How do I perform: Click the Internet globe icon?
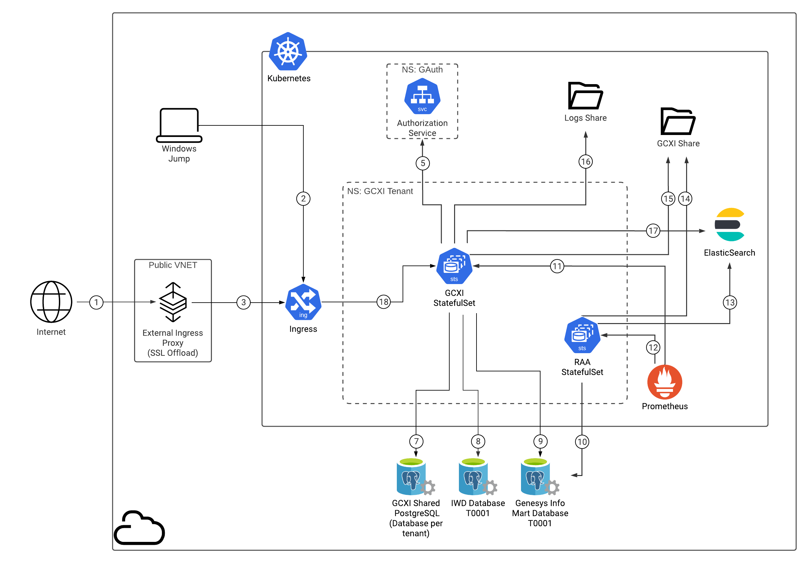coord(51,302)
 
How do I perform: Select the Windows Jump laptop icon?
coord(179,125)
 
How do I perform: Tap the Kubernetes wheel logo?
coord(288,52)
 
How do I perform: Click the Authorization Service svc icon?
coord(422,96)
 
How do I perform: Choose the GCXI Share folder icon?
coord(677,121)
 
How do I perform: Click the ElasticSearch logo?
coord(730,225)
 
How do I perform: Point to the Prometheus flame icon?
coord(665,382)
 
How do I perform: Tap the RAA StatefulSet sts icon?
coord(582,335)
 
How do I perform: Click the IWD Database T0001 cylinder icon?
coord(478,476)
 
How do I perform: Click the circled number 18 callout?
coord(383,302)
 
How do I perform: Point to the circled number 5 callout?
coord(422,163)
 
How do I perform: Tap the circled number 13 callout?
coord(730,302)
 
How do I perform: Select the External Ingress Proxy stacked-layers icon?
coord(173,302)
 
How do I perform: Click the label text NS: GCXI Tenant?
coord(380,191)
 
